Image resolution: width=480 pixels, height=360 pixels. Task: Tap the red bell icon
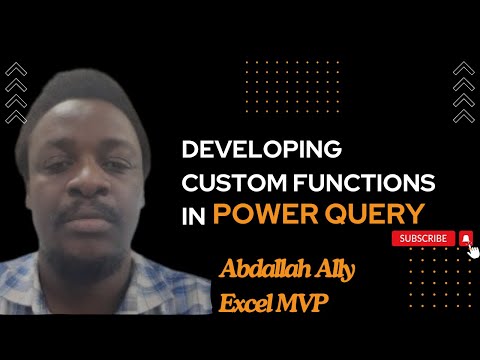pyautogui.click(x=465, y=238)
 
